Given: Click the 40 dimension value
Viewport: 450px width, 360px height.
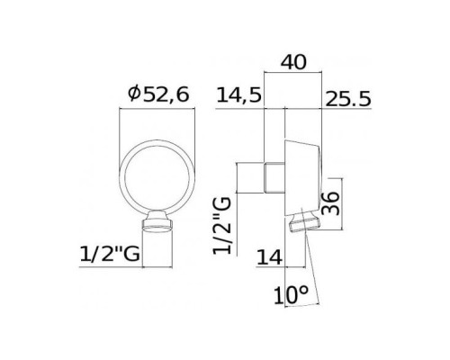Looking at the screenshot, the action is (x=293, y=62).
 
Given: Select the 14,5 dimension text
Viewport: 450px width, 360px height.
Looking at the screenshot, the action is (x=239, y=95).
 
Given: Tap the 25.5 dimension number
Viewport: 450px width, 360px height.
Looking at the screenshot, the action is (x=348, y=99).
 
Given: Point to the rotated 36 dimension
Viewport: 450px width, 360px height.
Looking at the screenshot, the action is (x=330, y=203).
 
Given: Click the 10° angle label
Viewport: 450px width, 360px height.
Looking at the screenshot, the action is (x=291, y=295).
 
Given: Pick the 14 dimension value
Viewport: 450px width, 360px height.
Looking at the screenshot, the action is (x=270, y=257).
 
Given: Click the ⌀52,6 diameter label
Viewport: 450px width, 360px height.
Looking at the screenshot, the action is (x=158, y=94).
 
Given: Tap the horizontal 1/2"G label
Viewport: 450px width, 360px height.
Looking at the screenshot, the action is (x=110, y=254).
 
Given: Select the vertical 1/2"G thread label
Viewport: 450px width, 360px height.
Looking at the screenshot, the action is (x=222, y=225).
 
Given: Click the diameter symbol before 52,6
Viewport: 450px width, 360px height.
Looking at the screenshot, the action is (x=134, y=94).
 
